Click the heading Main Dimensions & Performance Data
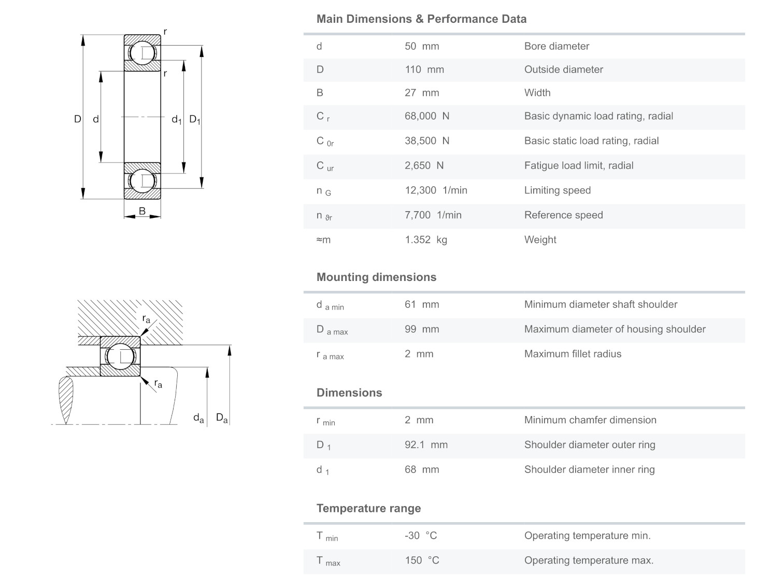[x=421, y=19]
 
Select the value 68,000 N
[x=427, y=116]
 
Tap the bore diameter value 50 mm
[x=422, y=46]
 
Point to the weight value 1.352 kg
[x=425, y=240]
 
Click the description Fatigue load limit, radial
[x=578, y=166]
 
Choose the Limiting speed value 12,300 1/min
[x=436, y=190]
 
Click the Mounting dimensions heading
[x=376, y=277]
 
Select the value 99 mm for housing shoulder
[x=422, y=329]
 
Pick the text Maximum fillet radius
[x=573, y=354]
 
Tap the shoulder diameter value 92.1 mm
[x=426, y=445]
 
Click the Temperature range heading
[x=368, y=508]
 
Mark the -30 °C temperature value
[x=421, y=536]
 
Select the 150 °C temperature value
[x=422, y=560]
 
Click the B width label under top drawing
[x=142, y=211]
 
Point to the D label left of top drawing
[x=77, y=119]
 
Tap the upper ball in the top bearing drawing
[x=142, y=53]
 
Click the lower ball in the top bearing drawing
[x=142, y=181]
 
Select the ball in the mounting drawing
[x=120, y=357]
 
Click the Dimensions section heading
[x=349, y=393]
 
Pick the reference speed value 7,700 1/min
[x=433, y=215]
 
